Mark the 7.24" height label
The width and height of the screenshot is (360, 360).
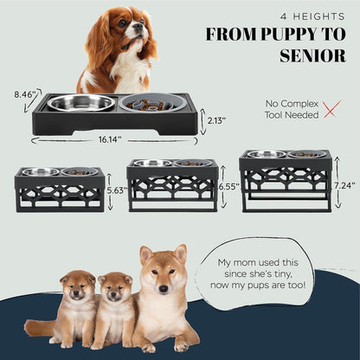click(x=344, y=184)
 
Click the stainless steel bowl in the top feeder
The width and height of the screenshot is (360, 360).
click(x=80, y=103)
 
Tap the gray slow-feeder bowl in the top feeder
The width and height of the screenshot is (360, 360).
click(x=153, y=104)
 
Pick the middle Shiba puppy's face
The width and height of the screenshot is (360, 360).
click(x=114, y=289)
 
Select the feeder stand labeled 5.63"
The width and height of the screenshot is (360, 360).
click(x=60, y=190)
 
